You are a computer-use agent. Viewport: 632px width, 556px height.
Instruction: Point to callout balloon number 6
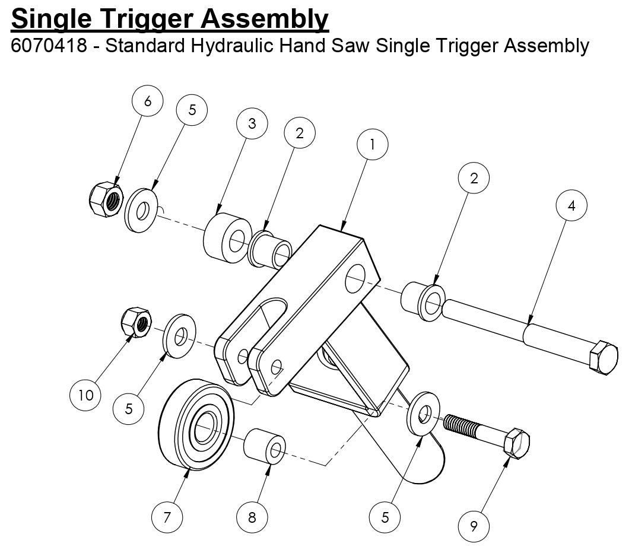(147, 101)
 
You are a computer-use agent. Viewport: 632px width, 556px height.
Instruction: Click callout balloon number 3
(252, 123)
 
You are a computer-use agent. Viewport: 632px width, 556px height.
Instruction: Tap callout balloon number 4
(571, 206)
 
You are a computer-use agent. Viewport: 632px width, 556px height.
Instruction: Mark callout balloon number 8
(252, 517)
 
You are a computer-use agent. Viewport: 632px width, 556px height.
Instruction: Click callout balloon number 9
(474, 526)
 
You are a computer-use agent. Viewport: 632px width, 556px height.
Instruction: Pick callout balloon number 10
(86, 395)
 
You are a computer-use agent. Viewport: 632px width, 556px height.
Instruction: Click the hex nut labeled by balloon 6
(104, 199)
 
